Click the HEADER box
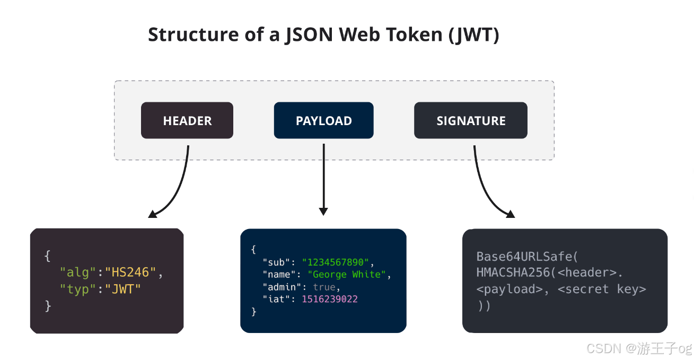[x=187, y=120]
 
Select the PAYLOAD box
[x=323, y=120]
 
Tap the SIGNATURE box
[x=470, y=120]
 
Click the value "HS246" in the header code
[x=130, y=273]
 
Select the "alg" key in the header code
[x=78, y=273]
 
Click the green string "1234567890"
[x=336, y=262]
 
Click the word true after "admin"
[x=324, y=287]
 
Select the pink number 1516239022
[x=330, y=299]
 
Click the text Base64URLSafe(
[x=527, y=257]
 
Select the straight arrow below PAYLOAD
[x=323, y=180]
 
